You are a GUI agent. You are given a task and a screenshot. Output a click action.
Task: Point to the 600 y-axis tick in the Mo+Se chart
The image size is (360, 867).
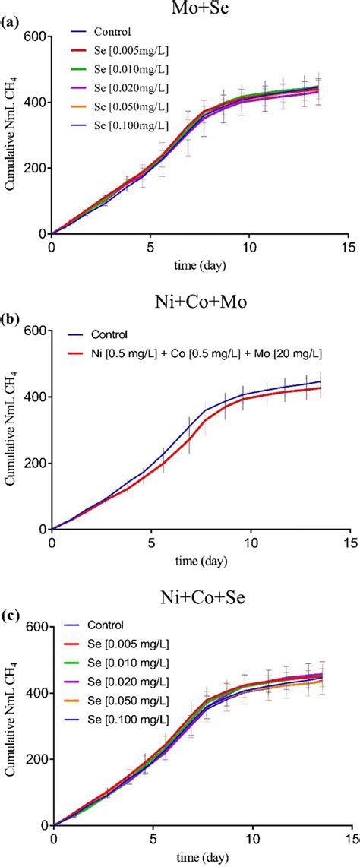34,36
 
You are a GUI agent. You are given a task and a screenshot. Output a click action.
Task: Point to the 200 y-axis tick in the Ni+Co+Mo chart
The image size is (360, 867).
34,463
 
